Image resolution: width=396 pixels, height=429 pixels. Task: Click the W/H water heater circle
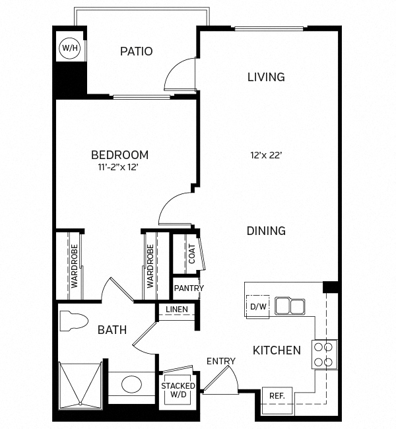(x=69, y=48)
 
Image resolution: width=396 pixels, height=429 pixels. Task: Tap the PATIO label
(x=137, y=51)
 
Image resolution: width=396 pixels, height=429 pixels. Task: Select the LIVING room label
(x=266, y=77)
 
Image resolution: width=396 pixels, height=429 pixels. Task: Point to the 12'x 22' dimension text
(x=266, y=156)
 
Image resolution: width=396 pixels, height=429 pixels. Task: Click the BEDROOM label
(x=119, y=155)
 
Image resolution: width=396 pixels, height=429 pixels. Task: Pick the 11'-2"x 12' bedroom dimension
(x=119, y=168)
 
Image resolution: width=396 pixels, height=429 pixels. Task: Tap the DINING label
(x=266, y=231)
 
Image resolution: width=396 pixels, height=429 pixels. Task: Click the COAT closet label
(x=191, y=254)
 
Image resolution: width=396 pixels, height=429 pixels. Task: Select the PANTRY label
(x=189, y=288)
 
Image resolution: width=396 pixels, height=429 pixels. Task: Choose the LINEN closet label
(x=177, y=310)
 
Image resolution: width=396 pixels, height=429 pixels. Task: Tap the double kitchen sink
(x=290, y=306)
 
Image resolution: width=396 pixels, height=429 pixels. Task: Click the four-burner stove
(x=324, y=354)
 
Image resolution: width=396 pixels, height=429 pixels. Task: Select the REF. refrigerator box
(x=277, y=396)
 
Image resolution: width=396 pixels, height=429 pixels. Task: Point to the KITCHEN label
(x=277, y=350)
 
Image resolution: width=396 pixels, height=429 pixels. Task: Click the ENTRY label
(x=220, y=361)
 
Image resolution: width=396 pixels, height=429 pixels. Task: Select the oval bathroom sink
(x=131, y=384)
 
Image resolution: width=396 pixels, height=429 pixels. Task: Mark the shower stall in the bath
(x=80, y=383)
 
